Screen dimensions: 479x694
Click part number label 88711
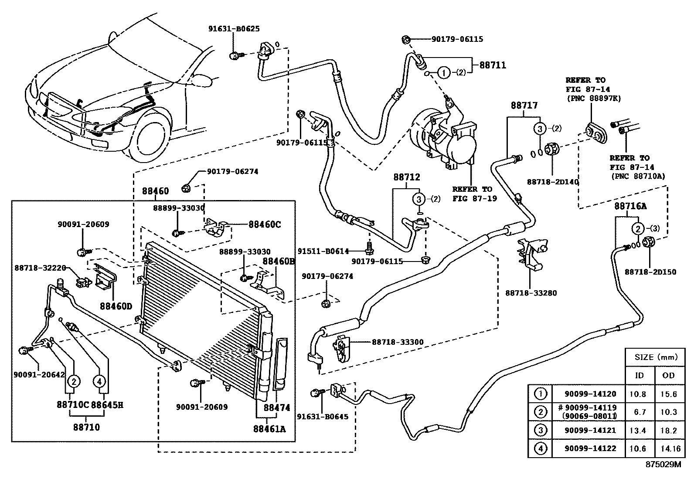pos(493,65)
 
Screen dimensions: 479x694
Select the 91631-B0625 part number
pos(233,29)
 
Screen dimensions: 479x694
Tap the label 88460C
pos(265,224)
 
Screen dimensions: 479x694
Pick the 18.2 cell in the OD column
pos(668,431)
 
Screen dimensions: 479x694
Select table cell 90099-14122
pos(590,448)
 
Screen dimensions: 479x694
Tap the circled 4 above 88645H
pos(99,381)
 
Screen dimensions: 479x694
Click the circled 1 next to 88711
pos(443,72)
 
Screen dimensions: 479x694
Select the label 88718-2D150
pos(650,272)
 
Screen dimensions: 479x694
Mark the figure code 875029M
pos(663,465)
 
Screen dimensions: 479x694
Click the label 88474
pos(277,408)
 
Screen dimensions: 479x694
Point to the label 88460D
pos(116,306)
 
